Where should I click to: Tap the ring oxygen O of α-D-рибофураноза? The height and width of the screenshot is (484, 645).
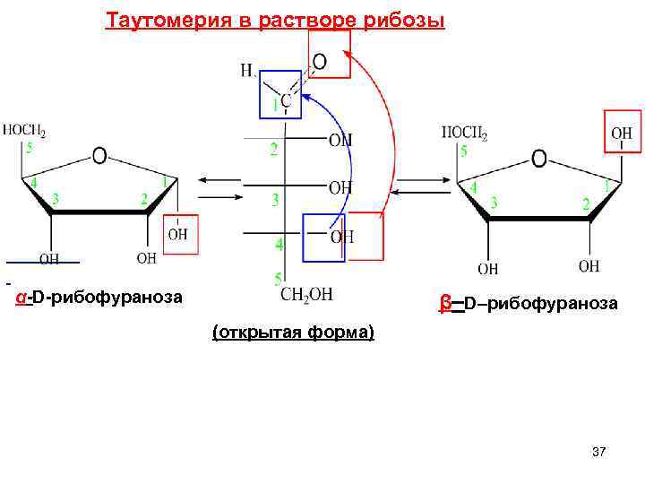tap(99, 156)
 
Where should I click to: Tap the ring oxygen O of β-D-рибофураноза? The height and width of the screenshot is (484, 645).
tap(538, 159)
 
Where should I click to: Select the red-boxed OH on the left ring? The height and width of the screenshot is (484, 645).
tap(178, 234)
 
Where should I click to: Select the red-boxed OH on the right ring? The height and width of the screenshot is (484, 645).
tap(622, 134)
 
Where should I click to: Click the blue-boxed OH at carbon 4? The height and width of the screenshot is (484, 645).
tap(341, 237)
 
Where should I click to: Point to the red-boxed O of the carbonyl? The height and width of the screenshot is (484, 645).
tap(319, 61)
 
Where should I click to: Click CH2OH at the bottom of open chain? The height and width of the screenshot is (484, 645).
tap(307, 295)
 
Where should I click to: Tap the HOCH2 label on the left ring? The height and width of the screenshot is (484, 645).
tap(24, 131)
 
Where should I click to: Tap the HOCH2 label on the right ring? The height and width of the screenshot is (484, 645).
tap(465, 134)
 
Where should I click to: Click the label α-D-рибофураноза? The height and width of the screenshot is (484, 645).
tap(100, 296)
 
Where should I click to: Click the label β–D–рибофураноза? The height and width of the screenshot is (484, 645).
tap(529, 303)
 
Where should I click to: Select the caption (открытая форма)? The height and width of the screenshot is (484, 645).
tap(293, 333)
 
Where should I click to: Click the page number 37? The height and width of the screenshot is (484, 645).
tap(598, 453)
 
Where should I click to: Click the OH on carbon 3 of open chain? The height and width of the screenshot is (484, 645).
tap(340, 187)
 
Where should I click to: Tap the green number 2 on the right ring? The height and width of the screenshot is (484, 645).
tap(586, 204)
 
